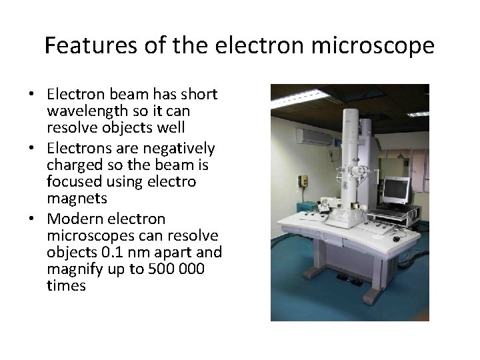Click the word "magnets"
pyautogui.click(x=74, y=199)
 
